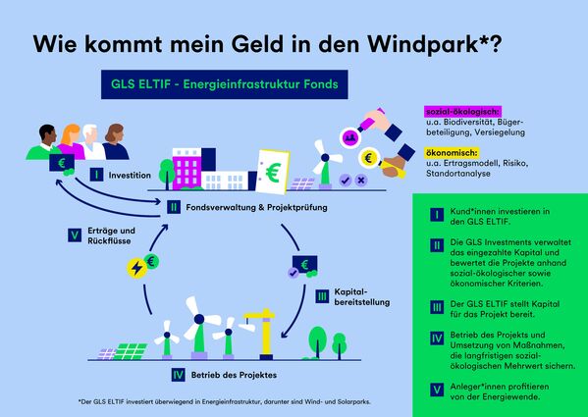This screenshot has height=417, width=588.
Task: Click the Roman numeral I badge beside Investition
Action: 96,175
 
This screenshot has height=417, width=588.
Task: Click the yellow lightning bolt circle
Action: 136,267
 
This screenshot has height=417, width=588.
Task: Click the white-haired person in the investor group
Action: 91,140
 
